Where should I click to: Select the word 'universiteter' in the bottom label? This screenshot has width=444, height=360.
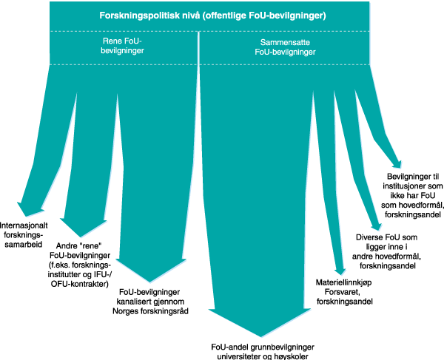click(x=234, y=355)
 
